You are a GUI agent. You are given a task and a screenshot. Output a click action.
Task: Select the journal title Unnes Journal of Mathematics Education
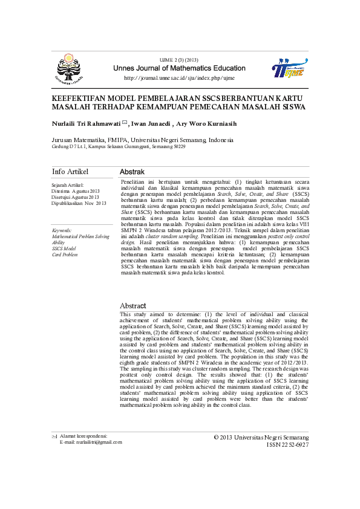coord(179,68)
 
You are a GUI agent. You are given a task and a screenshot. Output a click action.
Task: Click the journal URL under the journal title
coord(179,78)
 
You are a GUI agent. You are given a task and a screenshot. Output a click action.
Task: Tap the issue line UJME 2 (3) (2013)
coord(178,60)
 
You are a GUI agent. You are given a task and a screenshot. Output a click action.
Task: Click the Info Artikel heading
coord(70,172)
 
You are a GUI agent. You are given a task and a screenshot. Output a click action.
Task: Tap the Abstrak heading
coord(132,172)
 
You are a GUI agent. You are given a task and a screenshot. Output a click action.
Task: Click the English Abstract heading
coord(133,306)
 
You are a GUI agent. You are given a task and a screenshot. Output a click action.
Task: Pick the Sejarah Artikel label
coord(68,185)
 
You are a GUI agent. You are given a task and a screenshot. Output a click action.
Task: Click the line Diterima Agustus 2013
coord(75,191)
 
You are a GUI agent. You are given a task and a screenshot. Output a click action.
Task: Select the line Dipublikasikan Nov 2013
coord(79,203)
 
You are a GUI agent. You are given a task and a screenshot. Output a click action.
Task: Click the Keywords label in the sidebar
coord(62,230)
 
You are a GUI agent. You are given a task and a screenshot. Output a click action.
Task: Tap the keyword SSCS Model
coord(64,248)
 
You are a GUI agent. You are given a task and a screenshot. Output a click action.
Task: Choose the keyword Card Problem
coord(65,254)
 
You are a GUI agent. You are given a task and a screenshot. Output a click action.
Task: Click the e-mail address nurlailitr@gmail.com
coord(91,442)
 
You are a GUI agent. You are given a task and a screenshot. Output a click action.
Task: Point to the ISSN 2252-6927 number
coord(287,444)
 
